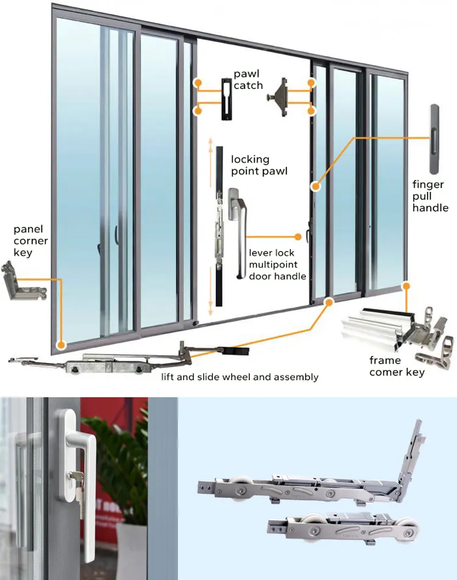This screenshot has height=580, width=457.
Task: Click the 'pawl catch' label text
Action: [248, 80]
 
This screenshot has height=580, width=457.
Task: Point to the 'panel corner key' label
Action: [31, 241]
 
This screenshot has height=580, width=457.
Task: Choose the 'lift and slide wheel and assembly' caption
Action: [239, 377]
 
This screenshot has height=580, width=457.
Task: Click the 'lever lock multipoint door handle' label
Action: [277, 264]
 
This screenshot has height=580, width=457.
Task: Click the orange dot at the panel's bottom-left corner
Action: [60, 344]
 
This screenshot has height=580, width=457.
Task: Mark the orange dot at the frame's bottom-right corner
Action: [406, 284]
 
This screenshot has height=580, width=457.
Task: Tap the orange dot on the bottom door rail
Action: [330, 300]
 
